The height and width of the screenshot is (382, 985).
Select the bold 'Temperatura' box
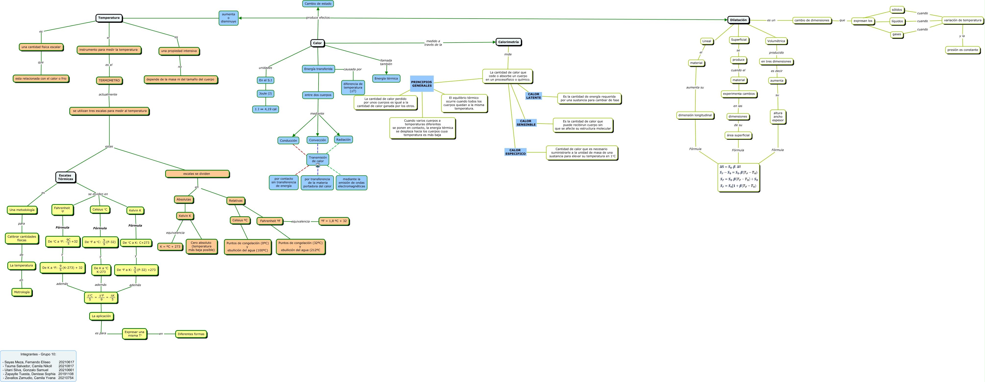[109, 18]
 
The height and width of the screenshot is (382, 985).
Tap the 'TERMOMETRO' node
[109, 81]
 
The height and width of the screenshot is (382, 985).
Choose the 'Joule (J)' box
[265, 93]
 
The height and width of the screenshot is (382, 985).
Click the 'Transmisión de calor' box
[318, 159]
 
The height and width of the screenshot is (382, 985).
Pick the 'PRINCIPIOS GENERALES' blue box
[422, 84]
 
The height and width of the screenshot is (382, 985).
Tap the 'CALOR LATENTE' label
[533, 96]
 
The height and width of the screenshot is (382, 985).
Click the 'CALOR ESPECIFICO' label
[515, 152]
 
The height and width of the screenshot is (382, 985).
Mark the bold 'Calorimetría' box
[509, 42]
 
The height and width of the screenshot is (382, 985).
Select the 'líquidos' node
[897, 21]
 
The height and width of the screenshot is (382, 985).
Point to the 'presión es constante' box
[962, 50]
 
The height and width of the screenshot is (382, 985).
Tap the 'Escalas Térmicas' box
[65, 177]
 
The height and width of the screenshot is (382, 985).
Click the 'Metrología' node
[22, 292]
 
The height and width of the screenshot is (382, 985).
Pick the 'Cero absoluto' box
[201, 246]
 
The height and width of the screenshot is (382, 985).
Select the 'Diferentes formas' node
[191, 334]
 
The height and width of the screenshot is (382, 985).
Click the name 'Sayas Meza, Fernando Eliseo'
[27, 362]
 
